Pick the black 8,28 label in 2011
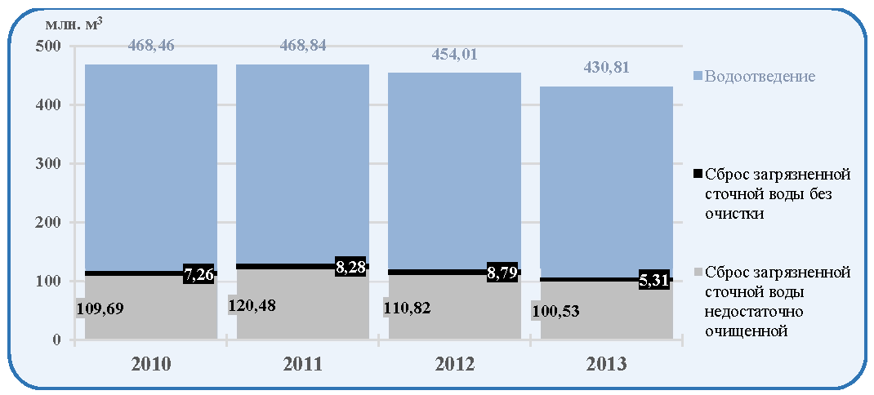click(x=351, y=267)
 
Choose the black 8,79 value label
click(x=503, y=273)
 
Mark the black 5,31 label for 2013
click(x=654, y=279)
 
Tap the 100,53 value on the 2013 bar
click(x=555, y=311)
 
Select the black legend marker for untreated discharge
click(x=698, y=175)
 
